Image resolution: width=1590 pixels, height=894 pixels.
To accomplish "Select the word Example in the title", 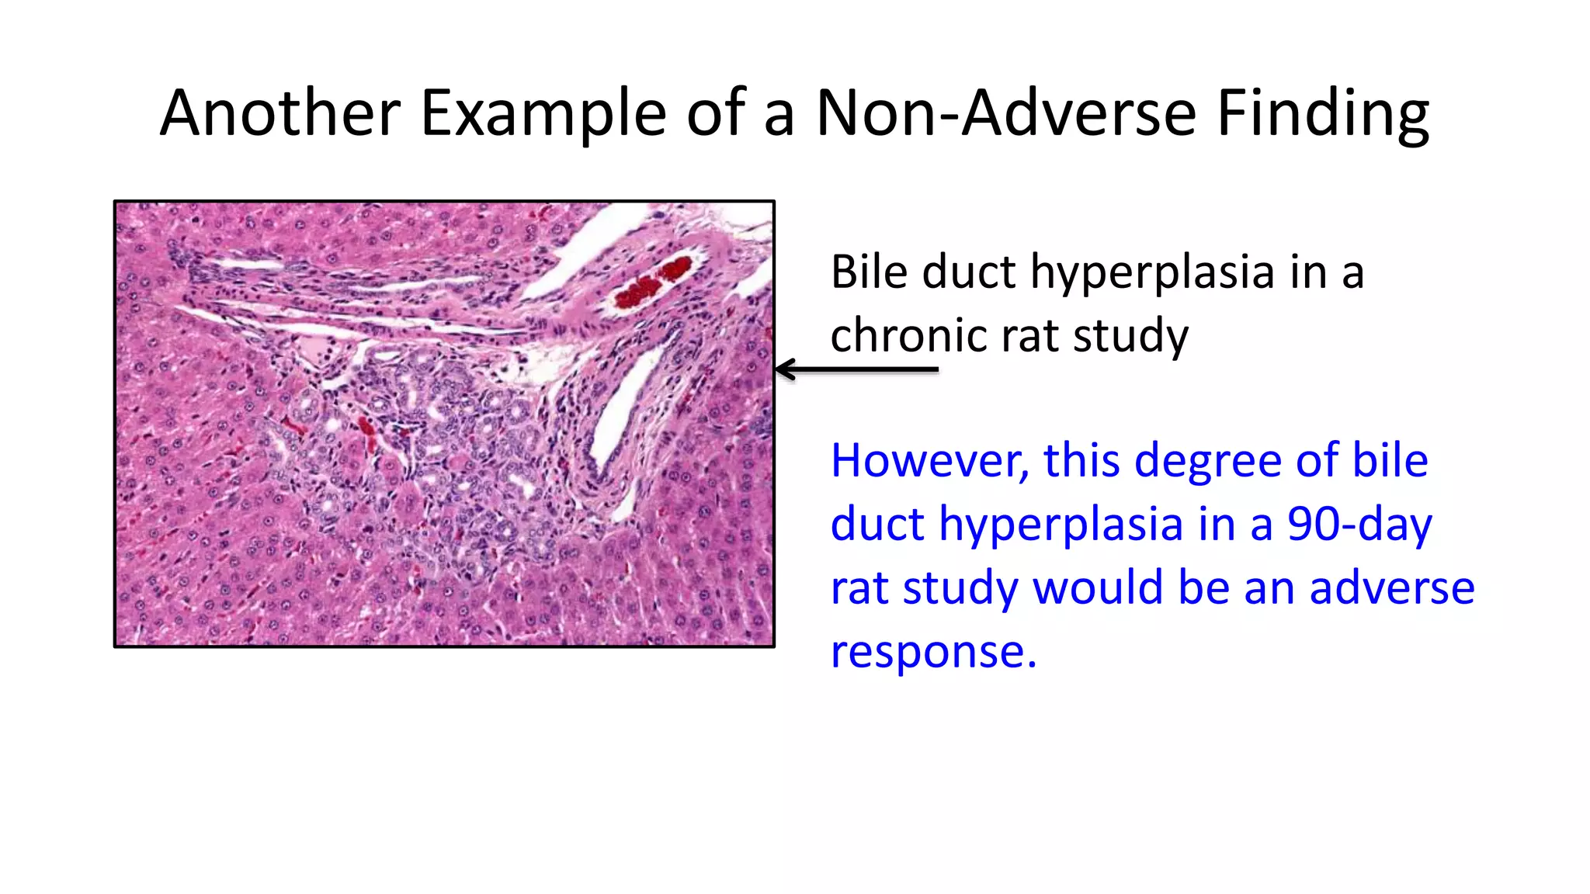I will (543, 113).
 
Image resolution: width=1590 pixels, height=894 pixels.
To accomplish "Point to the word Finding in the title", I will (1323, 113).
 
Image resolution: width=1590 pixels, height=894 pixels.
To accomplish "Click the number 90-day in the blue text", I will (1359, 525).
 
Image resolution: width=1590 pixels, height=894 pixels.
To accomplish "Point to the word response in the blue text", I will (933, 652).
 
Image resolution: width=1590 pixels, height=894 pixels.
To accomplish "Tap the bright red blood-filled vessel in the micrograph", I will (652, 282).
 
